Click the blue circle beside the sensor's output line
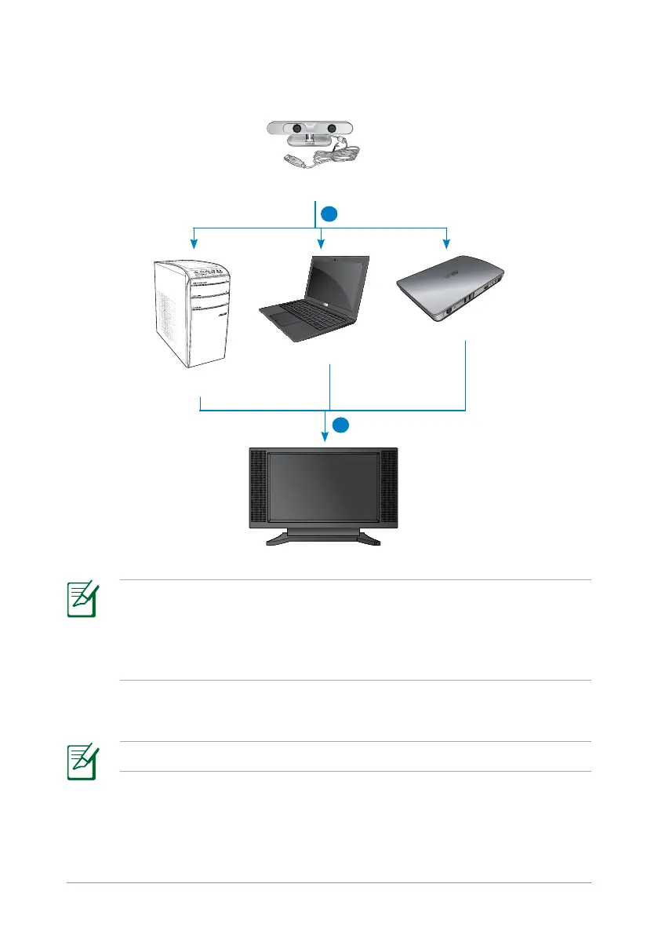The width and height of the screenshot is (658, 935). (331, 213)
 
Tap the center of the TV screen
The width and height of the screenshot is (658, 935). (323, 487)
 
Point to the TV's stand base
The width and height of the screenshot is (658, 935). (323, 540)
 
